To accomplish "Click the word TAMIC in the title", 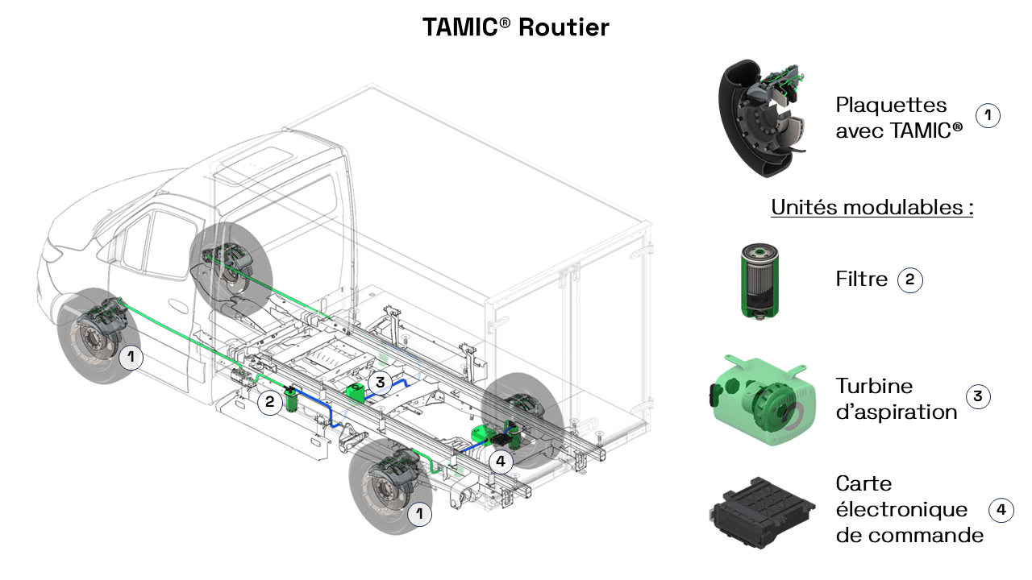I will pos(460,27).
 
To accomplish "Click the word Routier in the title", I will pos(564,27).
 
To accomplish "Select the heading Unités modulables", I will pos(872,207).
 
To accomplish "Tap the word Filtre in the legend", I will pos(861,280).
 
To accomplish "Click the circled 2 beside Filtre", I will pos(910,280).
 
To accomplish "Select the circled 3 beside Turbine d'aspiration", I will pos(978,396).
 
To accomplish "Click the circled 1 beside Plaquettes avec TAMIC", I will pos(988,116).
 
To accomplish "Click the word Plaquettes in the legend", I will pos(891,106).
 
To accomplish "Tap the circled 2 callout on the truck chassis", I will pos(270,402).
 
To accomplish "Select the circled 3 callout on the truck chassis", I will pos(380,381).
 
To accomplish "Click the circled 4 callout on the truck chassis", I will pos(501,462).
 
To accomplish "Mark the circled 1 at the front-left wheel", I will pos(131,358).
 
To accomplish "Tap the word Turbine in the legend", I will pos(874,386).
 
